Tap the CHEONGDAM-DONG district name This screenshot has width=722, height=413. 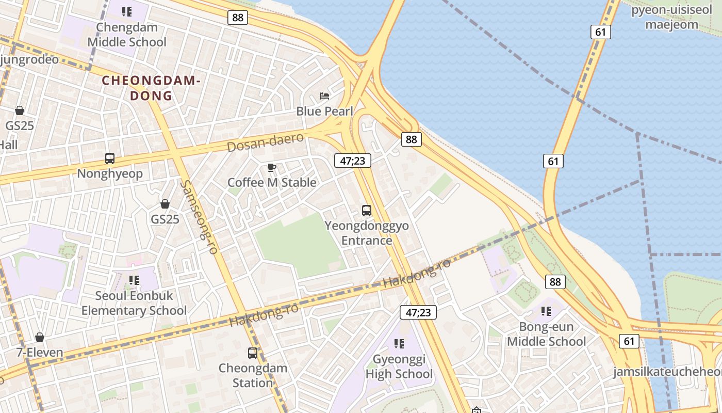[151, 88]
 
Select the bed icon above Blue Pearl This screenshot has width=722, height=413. [324, 96]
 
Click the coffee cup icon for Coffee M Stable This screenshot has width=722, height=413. [272, 167]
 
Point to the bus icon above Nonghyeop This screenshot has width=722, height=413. [110, 158]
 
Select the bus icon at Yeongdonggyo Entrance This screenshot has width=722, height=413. [367, 211]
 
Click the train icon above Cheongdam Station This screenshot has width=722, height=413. [253, 353]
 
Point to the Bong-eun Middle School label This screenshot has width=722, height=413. [546, 334]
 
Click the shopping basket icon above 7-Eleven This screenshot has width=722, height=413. [40, 338]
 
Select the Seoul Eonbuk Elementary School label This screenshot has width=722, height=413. [134, 303]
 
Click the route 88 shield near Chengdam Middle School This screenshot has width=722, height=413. [238, 18]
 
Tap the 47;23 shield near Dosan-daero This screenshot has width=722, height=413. [353, 161]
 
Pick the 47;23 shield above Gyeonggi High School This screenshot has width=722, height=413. [418, 312]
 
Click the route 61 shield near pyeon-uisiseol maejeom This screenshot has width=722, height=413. [600, 32]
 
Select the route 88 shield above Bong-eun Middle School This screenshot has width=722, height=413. [555, 282]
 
